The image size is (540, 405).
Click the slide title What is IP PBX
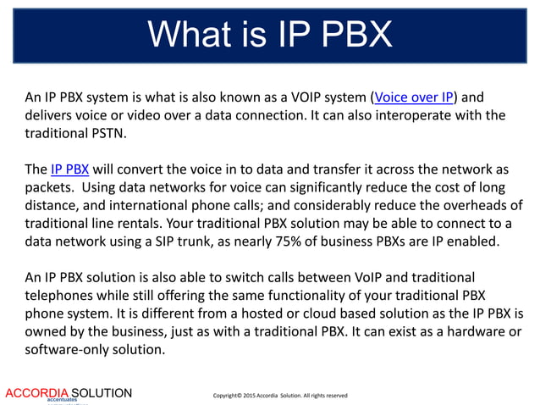point(269,35)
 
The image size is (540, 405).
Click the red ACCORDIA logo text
point(36,393)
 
